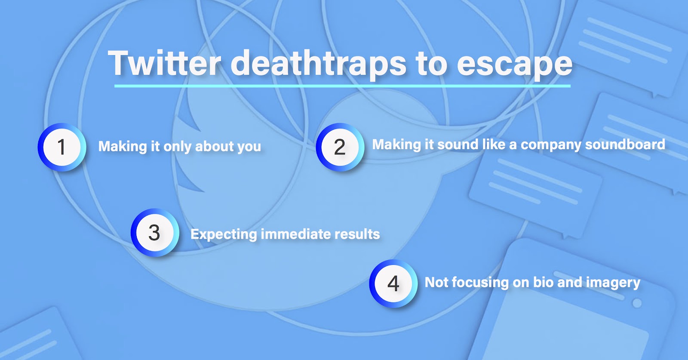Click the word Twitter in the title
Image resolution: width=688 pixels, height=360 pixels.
coord(165,63)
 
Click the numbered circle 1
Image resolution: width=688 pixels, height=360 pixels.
coord(62,147)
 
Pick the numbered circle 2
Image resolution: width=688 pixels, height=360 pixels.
coord(340,147)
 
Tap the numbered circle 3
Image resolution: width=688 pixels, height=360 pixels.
coord(155,233)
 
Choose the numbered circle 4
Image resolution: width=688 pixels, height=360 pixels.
coord(393,283)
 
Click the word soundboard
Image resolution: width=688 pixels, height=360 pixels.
coord(625,145)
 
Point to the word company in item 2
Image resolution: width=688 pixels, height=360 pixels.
coord(551,145)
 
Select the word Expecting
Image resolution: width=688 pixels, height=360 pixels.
coord(224,235)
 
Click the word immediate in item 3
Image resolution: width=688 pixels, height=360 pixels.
coord(295,234)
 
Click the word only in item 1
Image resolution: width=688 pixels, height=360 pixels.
coord(178,147)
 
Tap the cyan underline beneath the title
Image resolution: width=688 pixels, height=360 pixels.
coord(342,86)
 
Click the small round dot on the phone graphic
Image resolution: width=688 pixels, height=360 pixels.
coord(637,303)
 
